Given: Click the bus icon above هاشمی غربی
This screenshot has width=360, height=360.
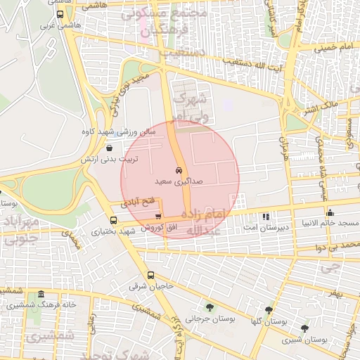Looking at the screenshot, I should [x=59, y=14].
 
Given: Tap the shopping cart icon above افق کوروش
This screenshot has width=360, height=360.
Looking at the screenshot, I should [x=158, y=217].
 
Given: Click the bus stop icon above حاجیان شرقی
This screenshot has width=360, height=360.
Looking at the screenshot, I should [x=150, y=275].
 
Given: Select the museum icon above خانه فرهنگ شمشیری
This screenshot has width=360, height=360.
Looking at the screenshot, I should [x=41, y=293].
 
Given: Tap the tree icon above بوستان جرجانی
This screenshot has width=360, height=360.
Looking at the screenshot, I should [x=210, y=307].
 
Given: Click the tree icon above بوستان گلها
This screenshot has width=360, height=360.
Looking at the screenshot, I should [x=269, y=309].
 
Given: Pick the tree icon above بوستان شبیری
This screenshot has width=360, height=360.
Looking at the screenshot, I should [x=304, y=328].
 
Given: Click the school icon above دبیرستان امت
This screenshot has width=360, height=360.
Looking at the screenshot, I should [x=265, y=217].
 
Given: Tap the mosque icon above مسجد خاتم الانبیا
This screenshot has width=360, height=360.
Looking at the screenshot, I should [x=330, y=212].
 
